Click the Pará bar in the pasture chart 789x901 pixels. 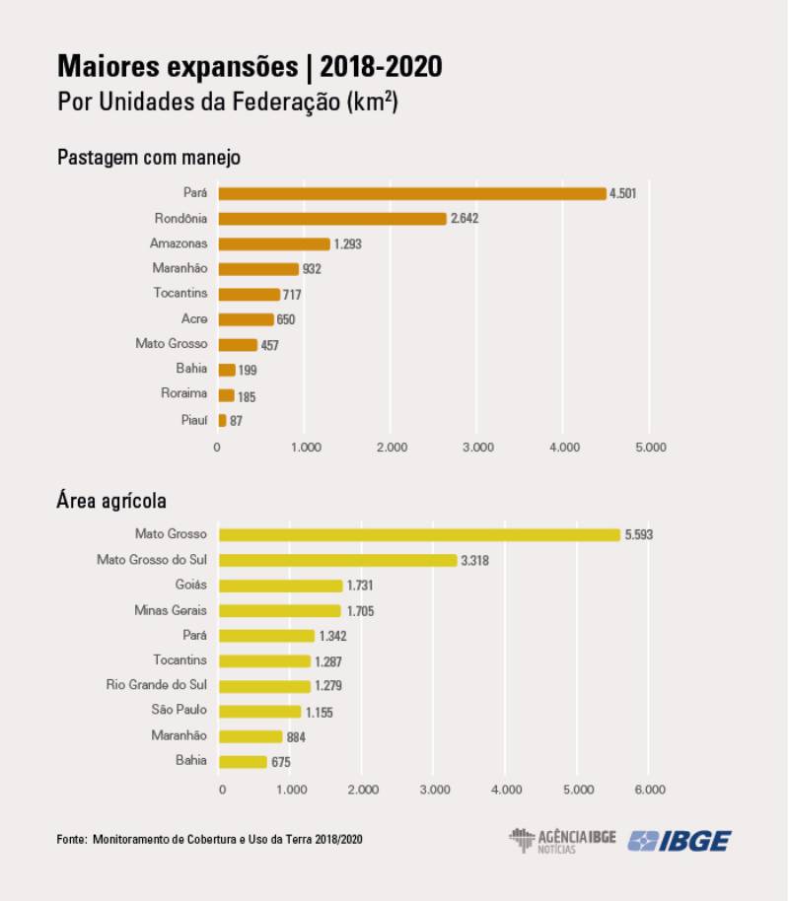(411, 193)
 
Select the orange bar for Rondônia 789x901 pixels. (332, 219)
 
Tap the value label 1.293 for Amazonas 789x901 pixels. (351, 243)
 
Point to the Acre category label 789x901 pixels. (193, 318)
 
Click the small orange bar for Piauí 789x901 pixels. (222, 420)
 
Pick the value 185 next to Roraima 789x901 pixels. (247, 396)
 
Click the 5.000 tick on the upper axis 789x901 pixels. (649, 447)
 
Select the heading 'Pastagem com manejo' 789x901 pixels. (148, 157)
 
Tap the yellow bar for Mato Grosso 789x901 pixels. (419, 534)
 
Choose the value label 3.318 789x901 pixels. (474, 560)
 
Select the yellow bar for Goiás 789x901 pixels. (280, 586)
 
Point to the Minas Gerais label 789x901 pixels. (171, 610)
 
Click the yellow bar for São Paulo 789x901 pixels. (259, 711)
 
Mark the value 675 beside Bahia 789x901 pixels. (280, 762)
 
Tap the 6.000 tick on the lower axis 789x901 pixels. (649, 789)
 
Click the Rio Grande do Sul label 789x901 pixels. (157, 684)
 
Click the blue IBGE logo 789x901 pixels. (680, 841)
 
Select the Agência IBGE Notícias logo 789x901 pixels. (562, 841)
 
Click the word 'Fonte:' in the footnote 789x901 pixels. (72, 839)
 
